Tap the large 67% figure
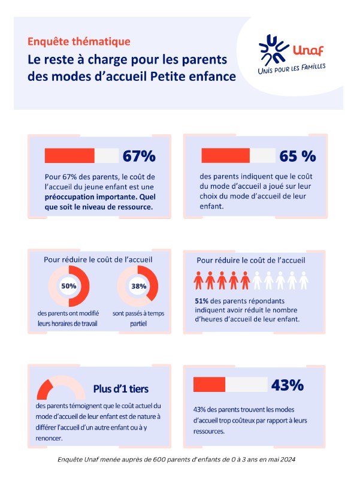139,156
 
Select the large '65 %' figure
297,156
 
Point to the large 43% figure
288,385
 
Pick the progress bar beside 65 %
238,156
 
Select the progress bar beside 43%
230,385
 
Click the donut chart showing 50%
69,286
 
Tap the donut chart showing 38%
138,286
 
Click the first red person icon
198,280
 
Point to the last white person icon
304,280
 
